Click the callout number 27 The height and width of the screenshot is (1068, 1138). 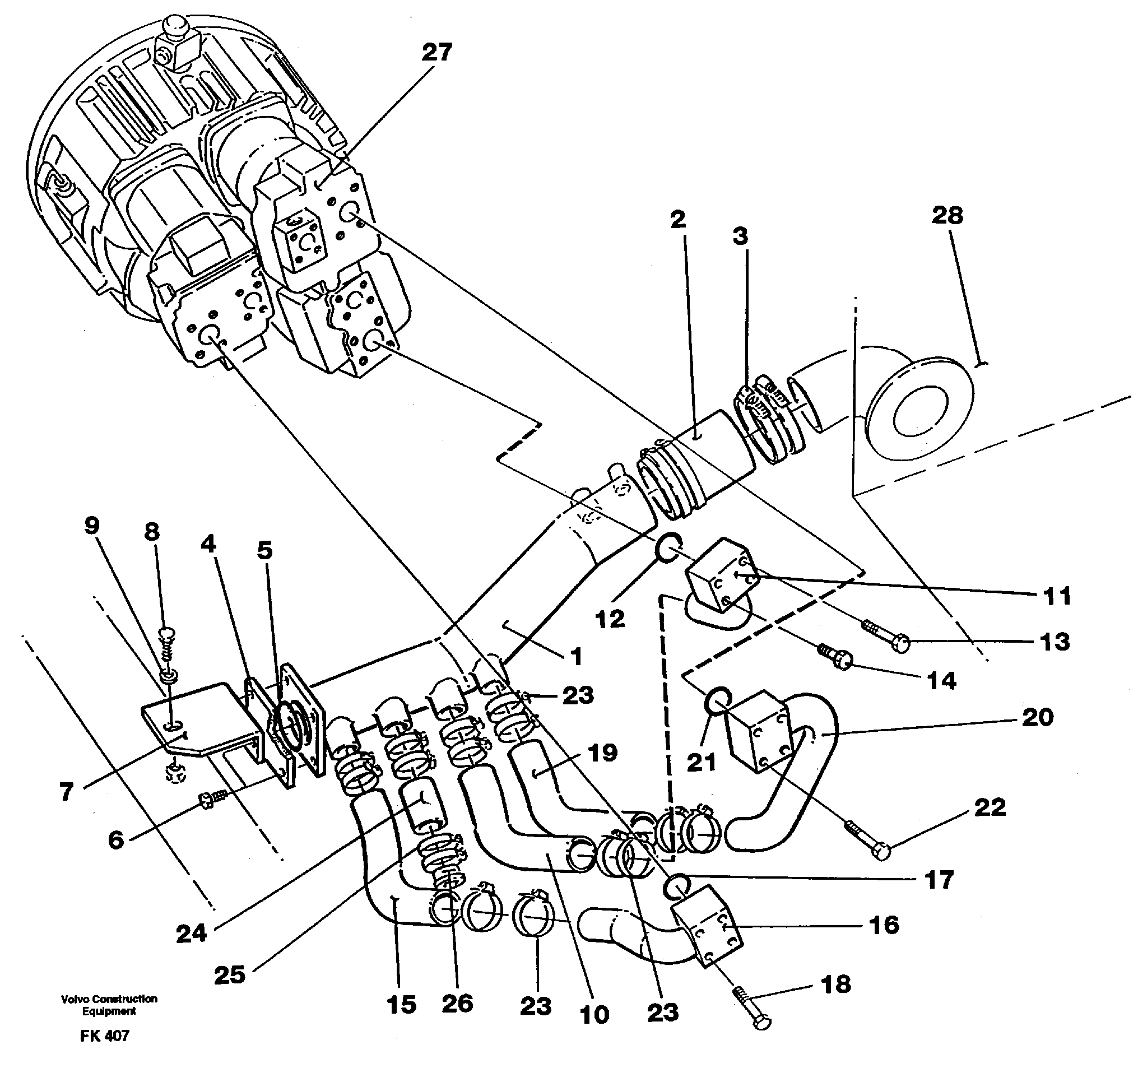point(437,52)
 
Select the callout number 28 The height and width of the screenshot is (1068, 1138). point(947,215)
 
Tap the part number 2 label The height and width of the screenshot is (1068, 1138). point(678,219)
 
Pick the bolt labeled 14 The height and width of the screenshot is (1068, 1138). point(835,658)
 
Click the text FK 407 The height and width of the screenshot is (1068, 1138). point(105,1036)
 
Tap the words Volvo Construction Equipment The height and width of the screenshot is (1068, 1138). point(109,1005)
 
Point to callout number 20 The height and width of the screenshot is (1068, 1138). point(1037,717)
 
